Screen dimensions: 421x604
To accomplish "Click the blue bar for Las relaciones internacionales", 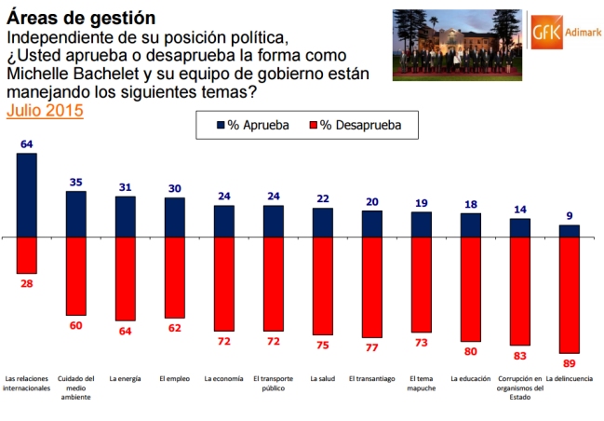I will pyautogui.click(x=26, y=195).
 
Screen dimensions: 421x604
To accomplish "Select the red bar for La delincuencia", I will pyautogui.click(x=569, y=294).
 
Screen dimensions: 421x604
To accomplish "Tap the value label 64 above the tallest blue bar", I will pyautogui.click(x=26, y=144).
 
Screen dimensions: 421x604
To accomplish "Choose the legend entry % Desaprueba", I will pyautogui.click(x=355, y=124).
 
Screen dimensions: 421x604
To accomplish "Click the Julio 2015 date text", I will pyautogui.click(x=45, y=110).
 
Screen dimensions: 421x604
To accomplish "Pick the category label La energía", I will pyautogui.click(x=125, y=379).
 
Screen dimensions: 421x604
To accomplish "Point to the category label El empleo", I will pyautogui.click(x=174, y=379).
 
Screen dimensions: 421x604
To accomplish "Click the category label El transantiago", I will pyautogui.click(x=371, y=379).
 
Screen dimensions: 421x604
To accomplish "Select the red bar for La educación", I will pyautogui.click(x=471, y=291).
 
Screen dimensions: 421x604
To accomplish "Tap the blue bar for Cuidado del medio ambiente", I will pyautogui.click(x=75, y=214).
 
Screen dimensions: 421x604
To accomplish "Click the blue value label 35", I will pyautogui.click(x=75, y=183).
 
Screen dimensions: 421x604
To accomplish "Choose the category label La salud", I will pyautogui.click(x=322, y=379).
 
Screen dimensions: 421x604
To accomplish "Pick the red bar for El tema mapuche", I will pyautogui.click(x=421, y=284).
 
